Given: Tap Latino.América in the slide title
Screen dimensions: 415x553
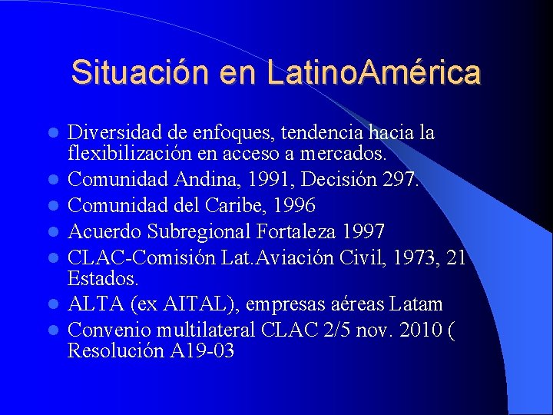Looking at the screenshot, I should tap(375, 73).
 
